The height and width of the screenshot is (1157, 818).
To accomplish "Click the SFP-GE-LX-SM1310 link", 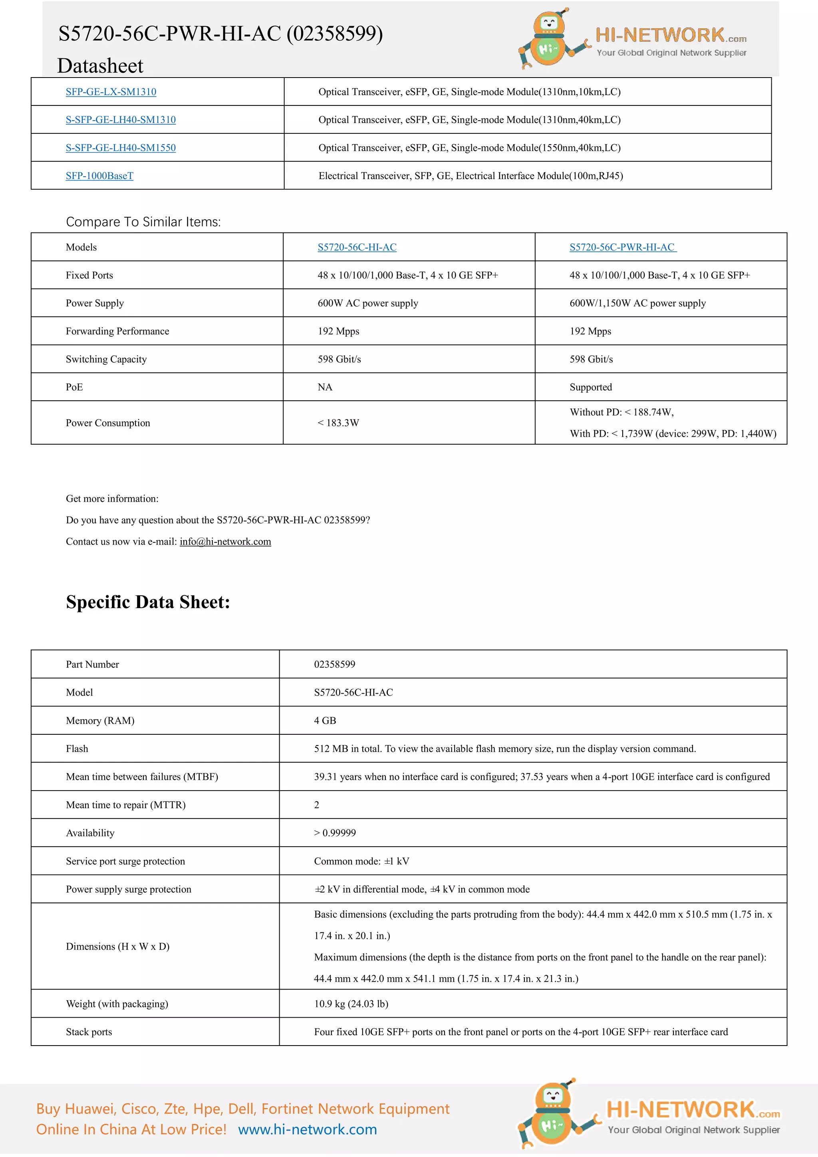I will point(111,92).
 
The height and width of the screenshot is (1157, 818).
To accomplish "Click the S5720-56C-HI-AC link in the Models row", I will point(357,247).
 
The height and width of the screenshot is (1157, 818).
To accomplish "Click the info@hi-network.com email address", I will point(225,541).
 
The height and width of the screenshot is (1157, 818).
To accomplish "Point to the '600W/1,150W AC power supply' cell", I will point(637,303).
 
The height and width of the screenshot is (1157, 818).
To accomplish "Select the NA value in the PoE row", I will point(325,387).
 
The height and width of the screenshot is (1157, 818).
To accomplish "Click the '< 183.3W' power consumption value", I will point(338,423).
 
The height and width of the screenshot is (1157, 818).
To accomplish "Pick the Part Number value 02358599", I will point(334,664).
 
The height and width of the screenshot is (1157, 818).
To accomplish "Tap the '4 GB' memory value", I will point(325,721).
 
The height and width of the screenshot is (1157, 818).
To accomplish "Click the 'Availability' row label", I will point(90,833).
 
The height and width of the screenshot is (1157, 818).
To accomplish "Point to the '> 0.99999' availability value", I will point(335,833).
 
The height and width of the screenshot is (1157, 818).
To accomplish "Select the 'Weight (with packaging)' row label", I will point(117,1004).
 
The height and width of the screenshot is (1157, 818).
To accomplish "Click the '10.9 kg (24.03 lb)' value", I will point(351,1004).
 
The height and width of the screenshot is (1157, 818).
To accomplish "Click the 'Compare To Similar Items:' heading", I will point(143,222).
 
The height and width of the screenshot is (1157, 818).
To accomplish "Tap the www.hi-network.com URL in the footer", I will point(307,1129).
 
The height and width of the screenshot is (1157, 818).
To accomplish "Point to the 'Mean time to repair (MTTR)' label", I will point(125,805).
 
